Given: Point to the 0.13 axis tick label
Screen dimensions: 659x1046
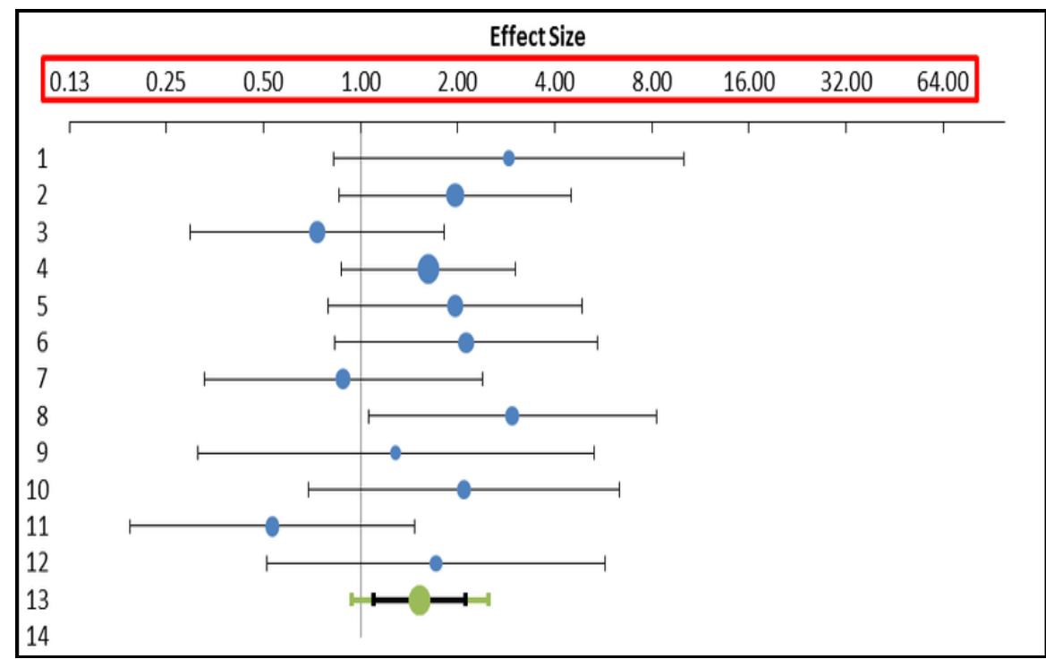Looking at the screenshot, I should [69, 83].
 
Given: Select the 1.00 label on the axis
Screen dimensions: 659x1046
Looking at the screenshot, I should [361, 83].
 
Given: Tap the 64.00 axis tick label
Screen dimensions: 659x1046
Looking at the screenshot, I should [943, 83].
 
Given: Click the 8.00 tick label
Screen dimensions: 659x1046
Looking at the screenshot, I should [651, 83].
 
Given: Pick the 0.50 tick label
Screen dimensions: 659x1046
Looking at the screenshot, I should [263, 83].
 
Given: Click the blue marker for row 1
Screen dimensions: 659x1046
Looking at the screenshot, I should [508, 158].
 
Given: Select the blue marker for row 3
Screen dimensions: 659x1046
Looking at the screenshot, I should [317, 233].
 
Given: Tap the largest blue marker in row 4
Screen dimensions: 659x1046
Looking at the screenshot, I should [429, 269].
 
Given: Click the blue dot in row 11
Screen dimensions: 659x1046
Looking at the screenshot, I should [273, 526].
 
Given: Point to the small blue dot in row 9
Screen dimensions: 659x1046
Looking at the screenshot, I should [395, 452].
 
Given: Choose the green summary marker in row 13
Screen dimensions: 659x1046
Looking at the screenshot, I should [420, 600].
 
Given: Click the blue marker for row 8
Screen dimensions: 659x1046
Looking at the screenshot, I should [512, 415].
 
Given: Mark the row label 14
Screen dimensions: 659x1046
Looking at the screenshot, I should [40, 637].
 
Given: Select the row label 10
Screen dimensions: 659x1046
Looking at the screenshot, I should [40, 490].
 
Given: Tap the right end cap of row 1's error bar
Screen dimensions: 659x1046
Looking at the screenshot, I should [685, 158].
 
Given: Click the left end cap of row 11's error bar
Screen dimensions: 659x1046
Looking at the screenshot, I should [130, 526].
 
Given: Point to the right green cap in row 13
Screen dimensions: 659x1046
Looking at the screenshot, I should [489, 600].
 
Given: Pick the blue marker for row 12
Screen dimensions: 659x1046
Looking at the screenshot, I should [436, 563].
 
